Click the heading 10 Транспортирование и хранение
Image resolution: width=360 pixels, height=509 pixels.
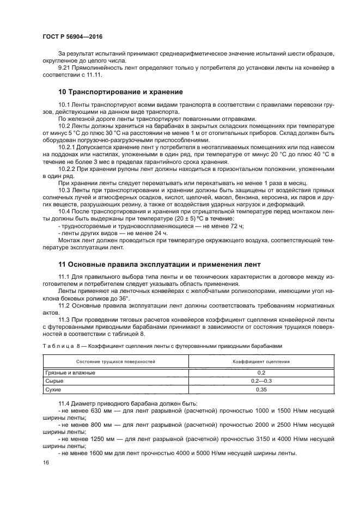[120, 91]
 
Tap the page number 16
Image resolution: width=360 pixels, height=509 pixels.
[45, 462]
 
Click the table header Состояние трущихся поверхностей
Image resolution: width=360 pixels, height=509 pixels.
[108, 361]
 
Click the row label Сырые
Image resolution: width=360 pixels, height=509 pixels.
[53, 381]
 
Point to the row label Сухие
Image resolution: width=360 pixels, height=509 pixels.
[53, 390]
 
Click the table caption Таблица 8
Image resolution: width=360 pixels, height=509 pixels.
[60, 346]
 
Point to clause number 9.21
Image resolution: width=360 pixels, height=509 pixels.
[64, 67]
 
